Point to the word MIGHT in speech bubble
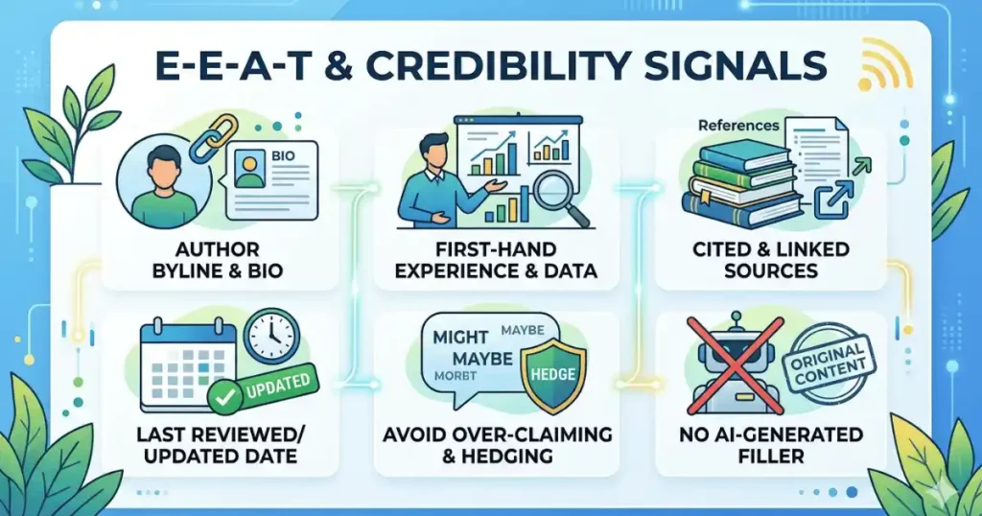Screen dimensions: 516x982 click(x=462, y=338)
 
